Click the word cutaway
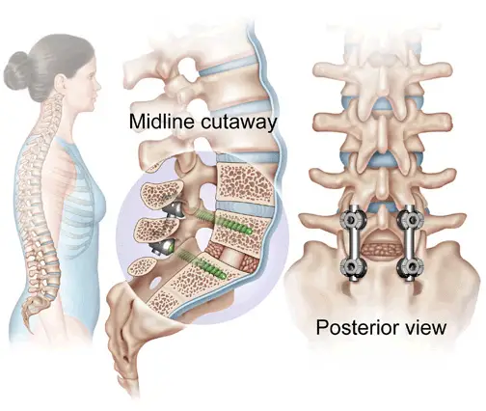238,123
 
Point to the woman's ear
61,84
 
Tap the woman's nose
98,85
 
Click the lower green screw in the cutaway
203,263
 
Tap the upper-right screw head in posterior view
411,219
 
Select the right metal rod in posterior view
409,243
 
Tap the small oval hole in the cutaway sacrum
156,283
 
